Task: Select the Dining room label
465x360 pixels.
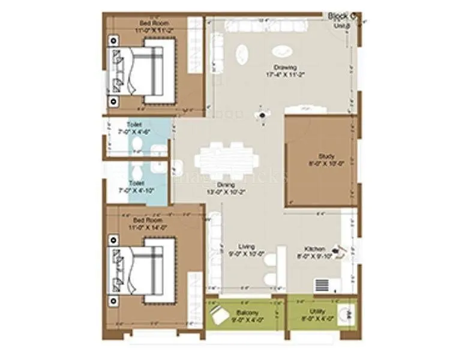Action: tap(226, 185)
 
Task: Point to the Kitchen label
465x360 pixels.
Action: tap(314, 248)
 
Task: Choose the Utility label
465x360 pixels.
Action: tap(318, 312)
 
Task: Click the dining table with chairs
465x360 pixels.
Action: tap(227, 159)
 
